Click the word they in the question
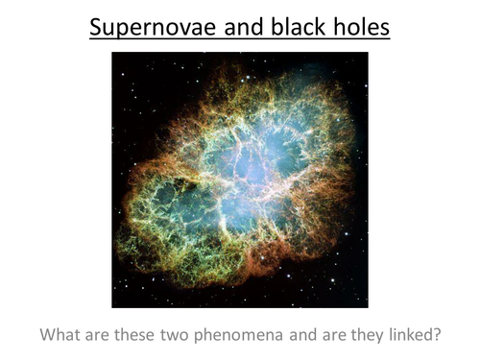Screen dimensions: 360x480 368,337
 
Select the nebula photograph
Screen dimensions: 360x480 239,180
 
